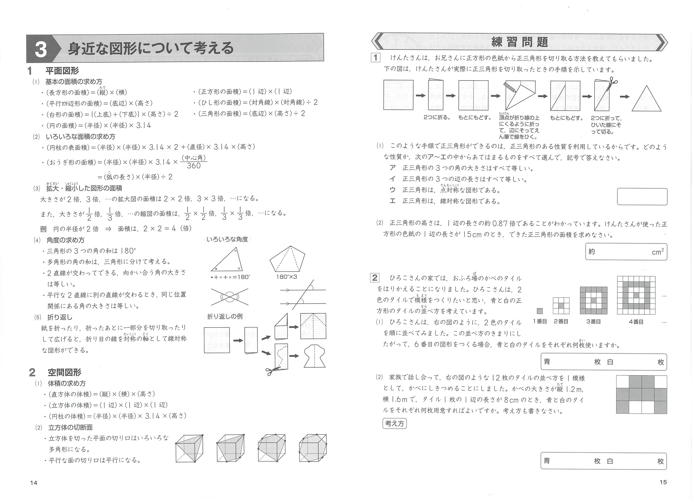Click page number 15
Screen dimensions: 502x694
[x=663, y=482]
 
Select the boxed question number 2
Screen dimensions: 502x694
[x=374, y=278]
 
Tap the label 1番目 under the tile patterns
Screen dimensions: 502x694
[x=540, y=322]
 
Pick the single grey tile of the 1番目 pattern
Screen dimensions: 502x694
[x=540, y=311]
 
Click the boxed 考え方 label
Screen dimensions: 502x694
[x=394, y=424]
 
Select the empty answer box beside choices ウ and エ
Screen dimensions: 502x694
[x=642, y=196]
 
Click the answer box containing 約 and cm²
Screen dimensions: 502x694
[x=626, y=252]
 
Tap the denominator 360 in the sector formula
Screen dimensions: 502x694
[x=194, y=166]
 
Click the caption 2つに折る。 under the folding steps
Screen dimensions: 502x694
[x=437, y=118]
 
